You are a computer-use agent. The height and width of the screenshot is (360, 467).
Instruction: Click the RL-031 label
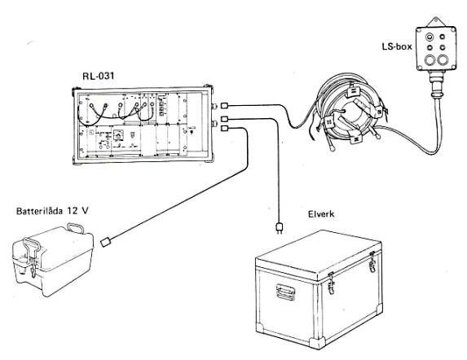(x=99, y=77)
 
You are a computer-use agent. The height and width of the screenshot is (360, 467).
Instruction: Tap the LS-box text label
(x=397, y=46)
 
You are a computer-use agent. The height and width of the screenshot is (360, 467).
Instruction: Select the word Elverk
(x=321, y=214)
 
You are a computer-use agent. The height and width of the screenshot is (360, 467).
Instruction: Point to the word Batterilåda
(x=40, y=211)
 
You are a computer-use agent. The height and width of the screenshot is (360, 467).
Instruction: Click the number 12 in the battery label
(x=72, y=211)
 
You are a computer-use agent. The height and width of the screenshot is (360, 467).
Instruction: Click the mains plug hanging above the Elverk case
(x=280, y=227)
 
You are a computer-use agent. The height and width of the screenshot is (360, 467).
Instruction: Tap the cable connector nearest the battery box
(x=106, y=242)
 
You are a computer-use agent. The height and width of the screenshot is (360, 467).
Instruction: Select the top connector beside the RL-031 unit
(x=225, y=105)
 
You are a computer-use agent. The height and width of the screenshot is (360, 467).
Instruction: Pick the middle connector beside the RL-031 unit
(x=225, y=119)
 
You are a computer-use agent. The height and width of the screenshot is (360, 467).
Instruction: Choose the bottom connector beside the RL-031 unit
(x=225, y=129)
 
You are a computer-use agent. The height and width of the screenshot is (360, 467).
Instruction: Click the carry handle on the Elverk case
(x=285, y=292)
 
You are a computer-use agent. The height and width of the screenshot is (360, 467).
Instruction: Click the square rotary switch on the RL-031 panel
(x=119, y=134)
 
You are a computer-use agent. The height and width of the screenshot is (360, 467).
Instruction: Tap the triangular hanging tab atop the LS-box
(x=436, y=22)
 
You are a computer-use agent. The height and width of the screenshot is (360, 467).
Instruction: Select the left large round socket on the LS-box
(x=430, y=60)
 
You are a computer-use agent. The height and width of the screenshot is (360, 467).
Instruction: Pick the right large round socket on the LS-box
(x=443, y=60)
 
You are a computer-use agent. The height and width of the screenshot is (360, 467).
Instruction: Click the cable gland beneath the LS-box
(x=437, y=84)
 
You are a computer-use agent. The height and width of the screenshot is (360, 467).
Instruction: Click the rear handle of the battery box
(x=76, y=228)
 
